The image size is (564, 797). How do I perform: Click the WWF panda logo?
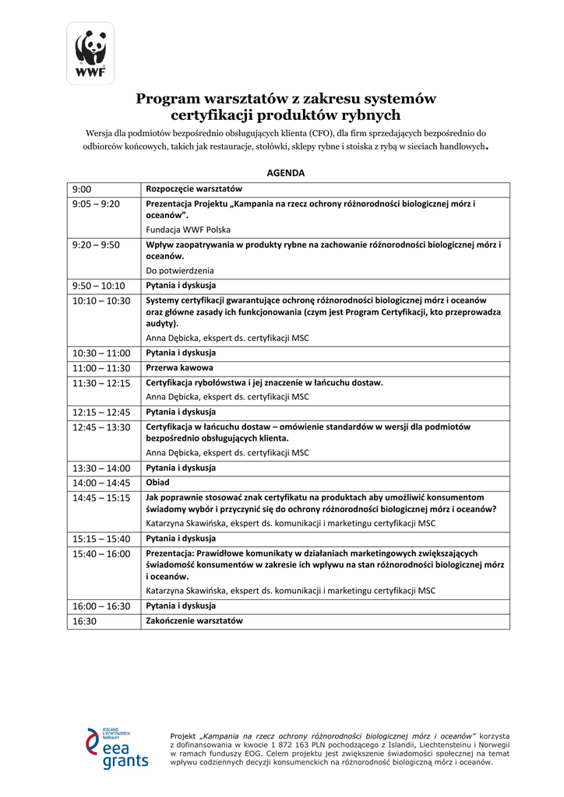90,53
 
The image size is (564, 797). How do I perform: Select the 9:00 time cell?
82,189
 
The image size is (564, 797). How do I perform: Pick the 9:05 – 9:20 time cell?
96,204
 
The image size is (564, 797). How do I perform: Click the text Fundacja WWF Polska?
189,230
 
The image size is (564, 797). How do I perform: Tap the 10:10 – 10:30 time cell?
101,300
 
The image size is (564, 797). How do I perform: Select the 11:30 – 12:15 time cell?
101,383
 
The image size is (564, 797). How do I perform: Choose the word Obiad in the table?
158,483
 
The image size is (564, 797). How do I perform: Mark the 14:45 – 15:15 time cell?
101,497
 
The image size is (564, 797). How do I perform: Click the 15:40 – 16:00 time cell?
101,553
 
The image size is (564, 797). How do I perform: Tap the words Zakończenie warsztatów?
195,621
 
